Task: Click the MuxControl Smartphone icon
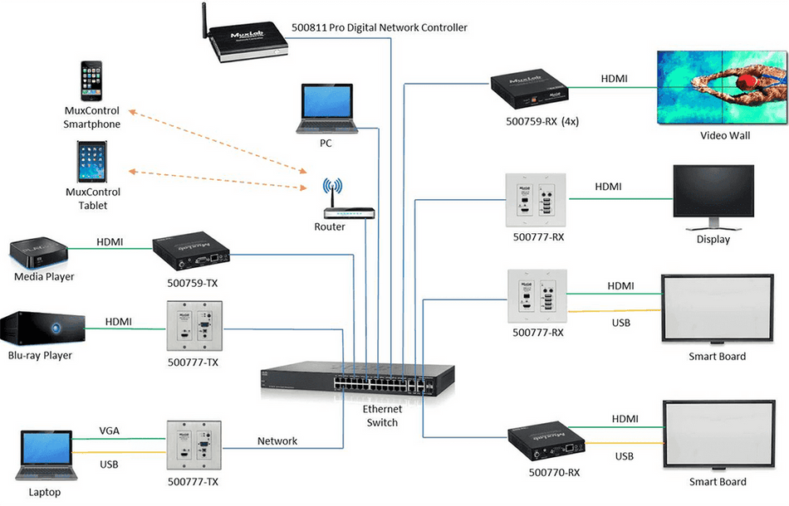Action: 93,81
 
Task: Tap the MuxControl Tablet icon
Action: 92,162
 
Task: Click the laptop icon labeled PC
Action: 326,109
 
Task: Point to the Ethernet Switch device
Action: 357,377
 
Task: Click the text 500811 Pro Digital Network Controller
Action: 380,27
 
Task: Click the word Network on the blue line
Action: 277,441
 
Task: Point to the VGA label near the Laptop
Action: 110,431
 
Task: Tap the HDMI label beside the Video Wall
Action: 614,79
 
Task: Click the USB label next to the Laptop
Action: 110,464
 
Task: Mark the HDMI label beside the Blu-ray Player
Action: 119,321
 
